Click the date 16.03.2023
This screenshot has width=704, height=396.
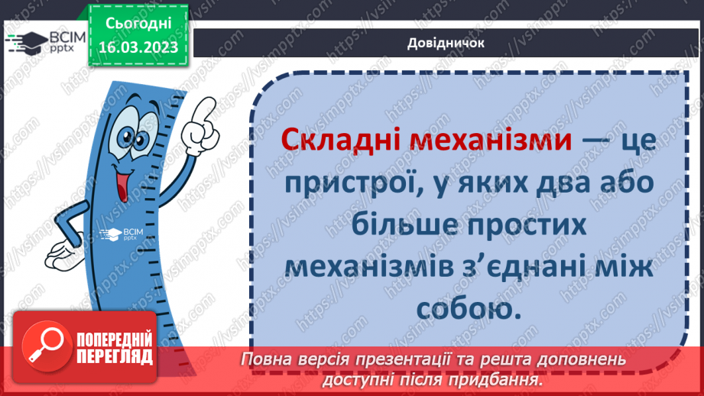click(x=138, y=47)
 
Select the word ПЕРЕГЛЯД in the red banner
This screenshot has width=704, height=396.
click(x=115, y=356)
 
